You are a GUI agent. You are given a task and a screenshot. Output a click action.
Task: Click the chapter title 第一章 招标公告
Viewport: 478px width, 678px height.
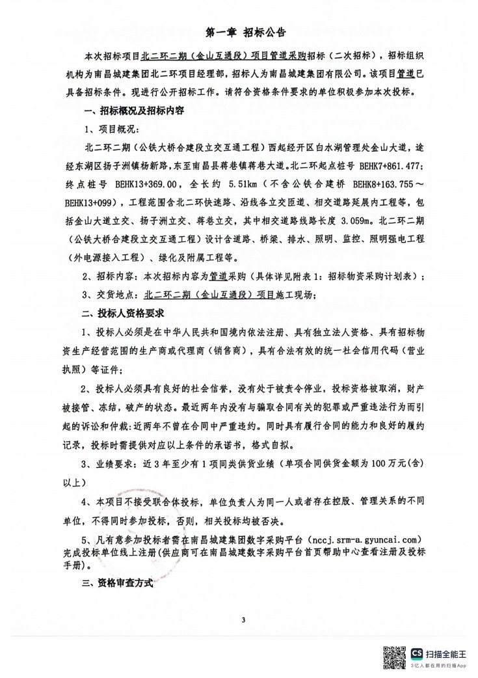[239, 31]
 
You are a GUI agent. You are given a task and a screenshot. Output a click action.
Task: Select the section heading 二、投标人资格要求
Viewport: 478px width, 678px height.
[114, 313]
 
